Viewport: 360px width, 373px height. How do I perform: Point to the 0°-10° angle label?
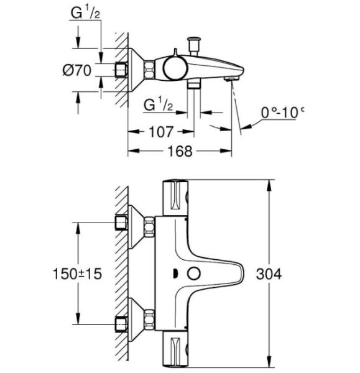[282, 113]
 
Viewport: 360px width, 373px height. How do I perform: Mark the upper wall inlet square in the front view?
[121, 222]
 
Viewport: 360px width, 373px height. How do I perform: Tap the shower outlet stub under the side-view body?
[196, 86]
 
